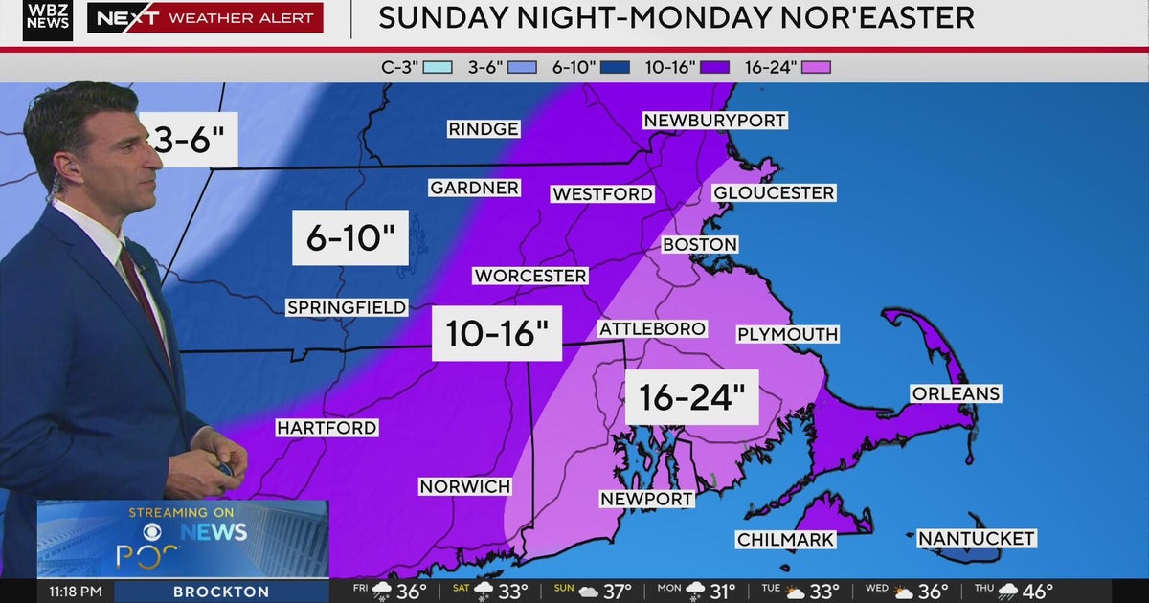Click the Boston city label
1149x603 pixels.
click(x=700, y=245)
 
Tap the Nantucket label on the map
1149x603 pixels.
click(x=976, y=539)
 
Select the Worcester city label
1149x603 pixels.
click(x=529, y=276)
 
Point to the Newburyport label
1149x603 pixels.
click(x=714, y=121)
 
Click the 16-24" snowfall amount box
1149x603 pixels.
click(x=691, y=397)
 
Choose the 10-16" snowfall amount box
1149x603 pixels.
click(x=496, y=334)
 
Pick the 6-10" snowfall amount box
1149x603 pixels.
click(x=349, y=237)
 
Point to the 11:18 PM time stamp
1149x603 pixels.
click(x=76, y=592)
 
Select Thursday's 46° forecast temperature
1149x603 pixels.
click(x=1038, y=592)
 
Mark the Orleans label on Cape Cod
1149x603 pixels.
click(x=956, y=393)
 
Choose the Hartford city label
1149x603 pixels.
click(x=327, y=428)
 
